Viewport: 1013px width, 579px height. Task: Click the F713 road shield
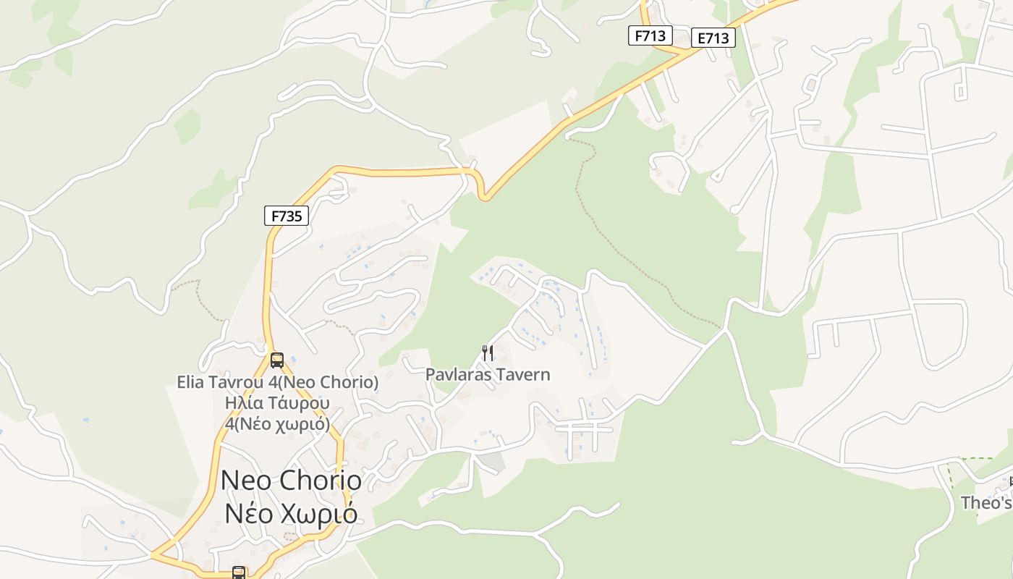tap(650, 35)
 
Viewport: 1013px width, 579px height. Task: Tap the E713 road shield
tap(713, 38)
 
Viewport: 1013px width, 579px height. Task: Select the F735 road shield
tap(286, 215)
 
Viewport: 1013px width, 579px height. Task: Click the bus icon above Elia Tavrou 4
tap(276, 360)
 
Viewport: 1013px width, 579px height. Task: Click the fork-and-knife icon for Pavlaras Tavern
tap(488, 353)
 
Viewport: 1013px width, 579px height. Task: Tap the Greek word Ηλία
tap(242, 402)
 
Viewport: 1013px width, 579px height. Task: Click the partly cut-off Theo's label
tap(986, 502)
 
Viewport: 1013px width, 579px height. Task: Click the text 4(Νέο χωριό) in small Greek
tap(277, 423)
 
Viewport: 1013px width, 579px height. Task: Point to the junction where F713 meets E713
tap(683, 53)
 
